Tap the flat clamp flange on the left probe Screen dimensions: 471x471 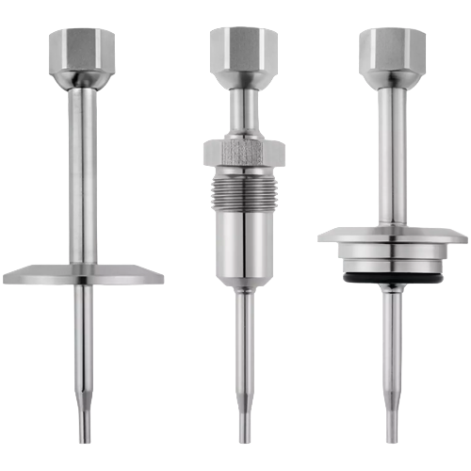tap(80, 274)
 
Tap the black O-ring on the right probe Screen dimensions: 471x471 tap(391, 281)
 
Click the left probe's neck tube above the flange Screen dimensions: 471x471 tap(80, 170)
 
